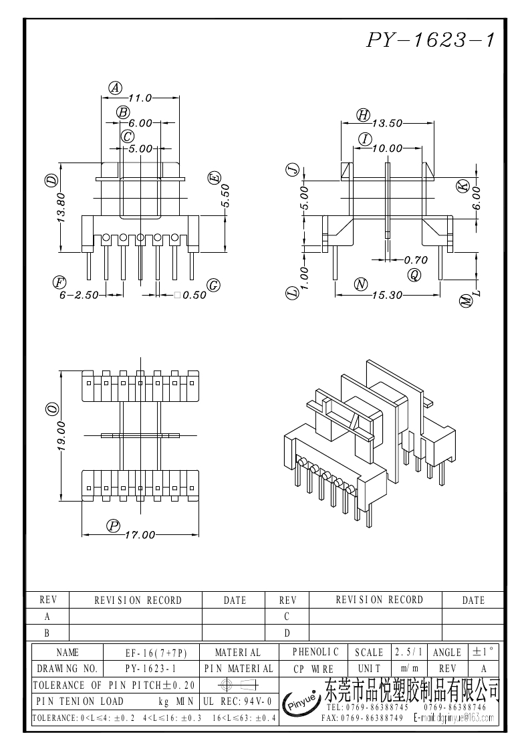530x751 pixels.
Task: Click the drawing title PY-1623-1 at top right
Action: tap(431, 40)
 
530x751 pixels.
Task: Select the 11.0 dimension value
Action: tap(140, 98)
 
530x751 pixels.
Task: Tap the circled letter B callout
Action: tap(123, 112)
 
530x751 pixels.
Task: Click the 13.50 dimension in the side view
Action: tap(388, 123)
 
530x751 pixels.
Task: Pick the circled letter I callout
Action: tap(366, 139)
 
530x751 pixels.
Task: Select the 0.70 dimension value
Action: tap(416, 260)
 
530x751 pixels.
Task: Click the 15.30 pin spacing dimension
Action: tap(388, 295)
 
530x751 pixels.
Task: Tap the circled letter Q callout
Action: tap(414, 274)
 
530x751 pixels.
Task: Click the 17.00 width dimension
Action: tap(140, 534)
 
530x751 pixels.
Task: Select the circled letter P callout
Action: tap(113, 526)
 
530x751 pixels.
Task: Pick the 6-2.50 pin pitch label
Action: tap(79, 295)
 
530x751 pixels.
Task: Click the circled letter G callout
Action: tap(213, 286)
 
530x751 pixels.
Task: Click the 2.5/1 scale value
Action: tap(409, 652)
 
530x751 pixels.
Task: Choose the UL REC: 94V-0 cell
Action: tap(237, 702)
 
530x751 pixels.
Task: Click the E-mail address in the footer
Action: tap(453, 718)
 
